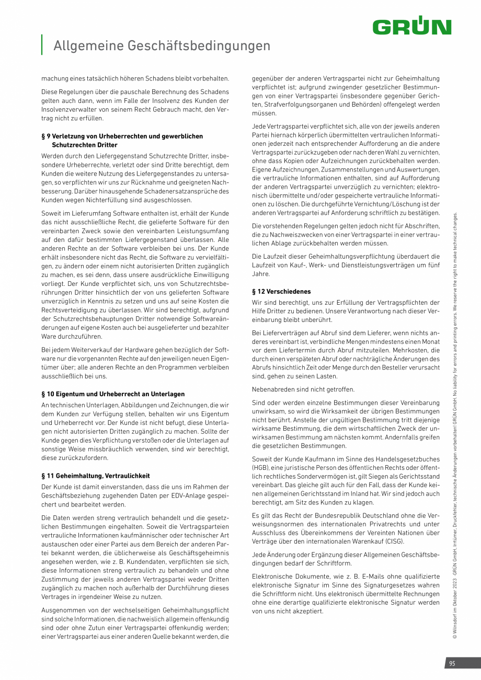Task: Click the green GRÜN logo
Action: click(x=412, y=27)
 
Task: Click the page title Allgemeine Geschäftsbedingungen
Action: click(x=162, y=46)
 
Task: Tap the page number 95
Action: click(x=452, y=663)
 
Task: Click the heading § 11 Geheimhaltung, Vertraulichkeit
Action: click(x=95, y=476)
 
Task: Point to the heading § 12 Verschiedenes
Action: click(x=281, y=291)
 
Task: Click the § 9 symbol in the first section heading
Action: click(x=46, y=136)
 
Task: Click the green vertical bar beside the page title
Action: click(x=42, y=44)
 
